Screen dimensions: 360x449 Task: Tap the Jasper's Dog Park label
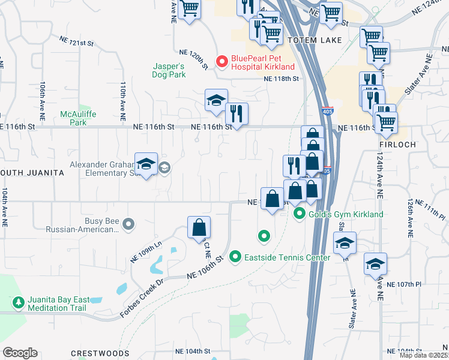coord(168,70)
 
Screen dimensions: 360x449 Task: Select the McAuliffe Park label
coord(74,118)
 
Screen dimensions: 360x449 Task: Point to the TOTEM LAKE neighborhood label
coord(314,40)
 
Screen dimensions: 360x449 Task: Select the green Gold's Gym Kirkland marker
coord(299,214)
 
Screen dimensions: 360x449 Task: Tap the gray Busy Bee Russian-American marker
coord(128,224)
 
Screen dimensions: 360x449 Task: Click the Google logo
coord(19,352)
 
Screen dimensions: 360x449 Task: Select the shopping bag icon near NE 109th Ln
coord(199,228)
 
